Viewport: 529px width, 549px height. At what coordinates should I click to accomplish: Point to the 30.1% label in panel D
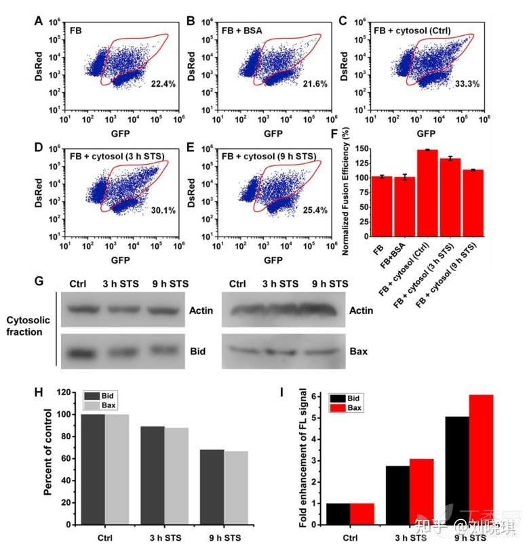coord(162,210)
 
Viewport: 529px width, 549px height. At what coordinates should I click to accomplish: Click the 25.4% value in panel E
coord(313,210)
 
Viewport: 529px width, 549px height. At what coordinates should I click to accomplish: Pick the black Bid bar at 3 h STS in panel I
coord(397,495)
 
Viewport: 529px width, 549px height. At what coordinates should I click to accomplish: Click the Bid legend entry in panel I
coord(348,399)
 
